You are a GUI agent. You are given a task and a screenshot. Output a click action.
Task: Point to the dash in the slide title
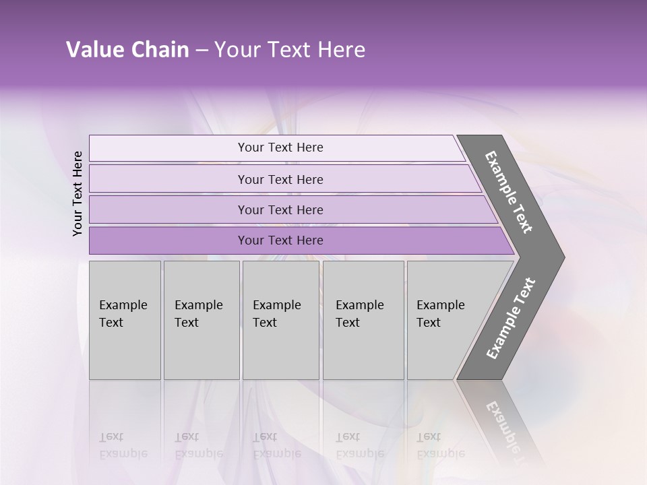(202, 51)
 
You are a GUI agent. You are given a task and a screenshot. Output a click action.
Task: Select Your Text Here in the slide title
(290, 50)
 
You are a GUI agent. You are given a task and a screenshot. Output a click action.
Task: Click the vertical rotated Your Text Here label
(78, 193)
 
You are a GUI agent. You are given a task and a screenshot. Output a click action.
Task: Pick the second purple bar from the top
(280, 179)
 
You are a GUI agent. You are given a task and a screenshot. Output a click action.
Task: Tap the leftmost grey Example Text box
(125, 320)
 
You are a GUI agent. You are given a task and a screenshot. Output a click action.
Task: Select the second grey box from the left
(202, 320)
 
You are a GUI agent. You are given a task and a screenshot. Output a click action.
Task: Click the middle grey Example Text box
(280, 320)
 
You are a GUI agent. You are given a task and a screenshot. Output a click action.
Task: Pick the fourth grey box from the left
(363, 320)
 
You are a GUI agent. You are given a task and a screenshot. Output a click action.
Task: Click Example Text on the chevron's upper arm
(509, 192)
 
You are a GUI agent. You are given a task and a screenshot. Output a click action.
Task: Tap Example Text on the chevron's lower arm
(510, 319)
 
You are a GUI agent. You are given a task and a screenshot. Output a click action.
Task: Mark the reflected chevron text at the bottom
(505, 424)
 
